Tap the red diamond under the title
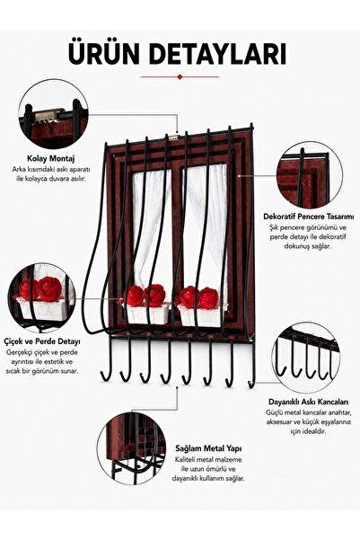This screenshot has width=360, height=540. click(x=180, y=76)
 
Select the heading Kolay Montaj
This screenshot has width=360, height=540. click(x=51, y=159)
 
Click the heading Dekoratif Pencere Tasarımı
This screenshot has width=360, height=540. click(x=309, y=217)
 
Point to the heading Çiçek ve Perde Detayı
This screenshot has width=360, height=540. click(x=42, y=341)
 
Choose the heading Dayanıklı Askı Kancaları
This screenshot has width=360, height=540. click(x=308, y=402)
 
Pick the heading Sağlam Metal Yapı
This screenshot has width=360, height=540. click(x=208, y=448)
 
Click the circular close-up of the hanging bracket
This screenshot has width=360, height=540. click(x=53, y=113)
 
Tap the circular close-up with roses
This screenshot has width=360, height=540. click(x=42, y=298)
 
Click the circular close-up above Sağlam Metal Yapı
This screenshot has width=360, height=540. click(x=132, y=446)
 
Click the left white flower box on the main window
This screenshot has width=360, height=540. click(x=147, y=314)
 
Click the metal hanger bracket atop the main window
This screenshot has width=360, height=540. click(x=174, y=138)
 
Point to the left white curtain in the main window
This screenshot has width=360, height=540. click(x=152, y=227)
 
